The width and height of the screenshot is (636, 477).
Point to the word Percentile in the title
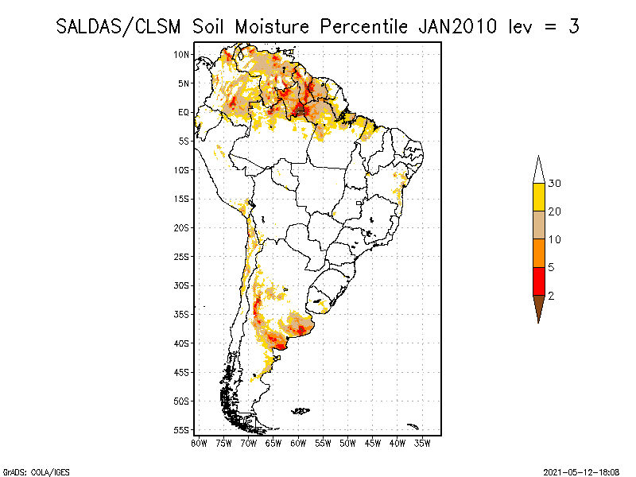coord(363,26)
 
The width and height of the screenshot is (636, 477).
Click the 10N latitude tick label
coord(182,54)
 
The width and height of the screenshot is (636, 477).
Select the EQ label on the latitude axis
coord(184,112)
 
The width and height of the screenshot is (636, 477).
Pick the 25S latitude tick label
coord(182,256)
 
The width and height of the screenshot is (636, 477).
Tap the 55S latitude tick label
coord(182,429)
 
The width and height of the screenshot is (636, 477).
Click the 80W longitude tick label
coord(199,442)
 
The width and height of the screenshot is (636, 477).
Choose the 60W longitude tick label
coord(298,442)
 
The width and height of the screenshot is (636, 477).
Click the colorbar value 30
coord(555,184)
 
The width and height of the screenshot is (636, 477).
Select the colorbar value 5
coord(551,267)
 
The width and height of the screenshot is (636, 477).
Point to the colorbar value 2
coord(551,296)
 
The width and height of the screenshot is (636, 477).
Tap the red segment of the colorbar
coord(538,281)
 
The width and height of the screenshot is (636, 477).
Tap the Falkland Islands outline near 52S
coord(301,410)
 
